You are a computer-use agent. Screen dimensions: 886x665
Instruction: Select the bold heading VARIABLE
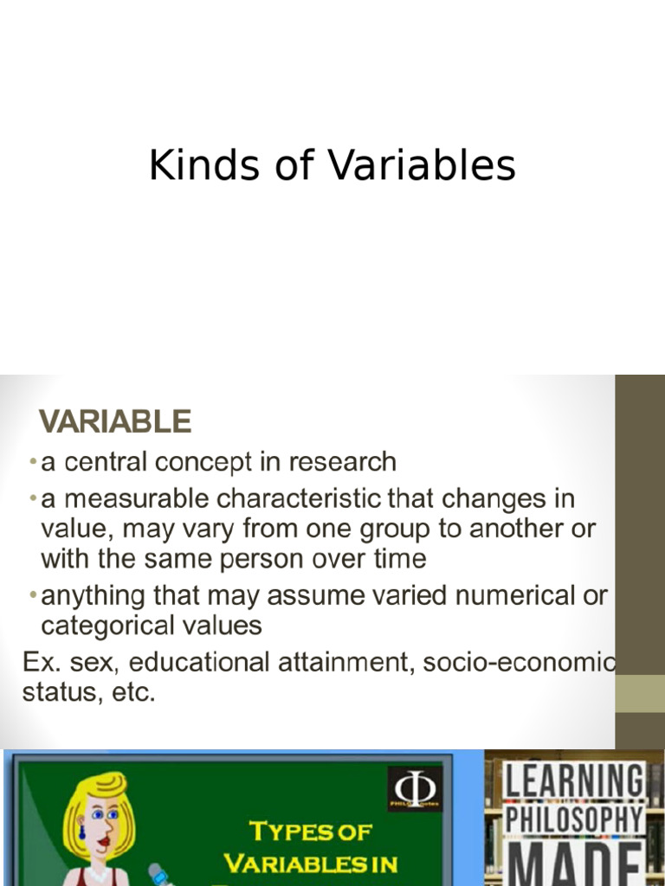click(114, 421)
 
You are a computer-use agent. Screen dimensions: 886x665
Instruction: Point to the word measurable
click(134, 499)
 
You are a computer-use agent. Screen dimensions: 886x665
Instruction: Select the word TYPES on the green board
click(281, 832)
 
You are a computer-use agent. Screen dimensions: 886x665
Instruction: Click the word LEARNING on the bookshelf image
click(575, 781)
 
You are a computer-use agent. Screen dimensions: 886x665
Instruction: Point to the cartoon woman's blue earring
click(83, 834)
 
